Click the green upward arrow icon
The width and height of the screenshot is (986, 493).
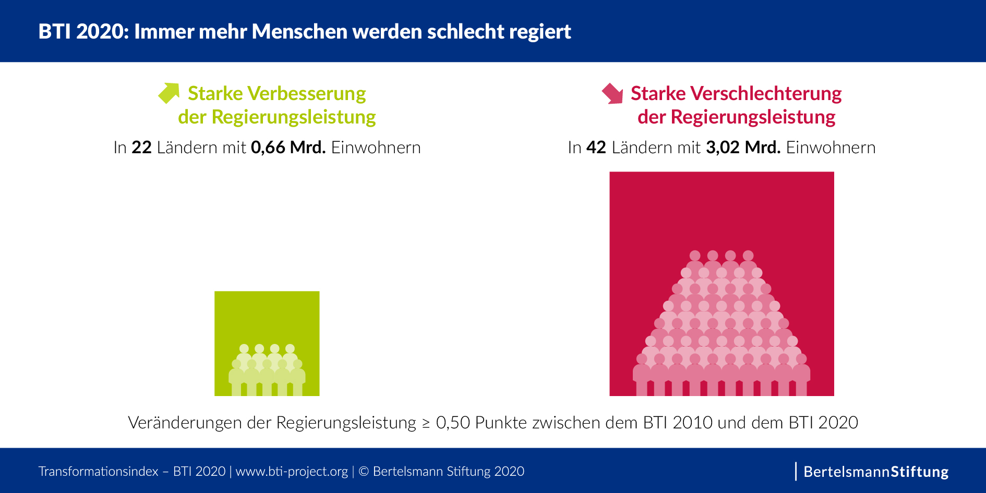point(169,93)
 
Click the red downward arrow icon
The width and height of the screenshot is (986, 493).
point(612,94)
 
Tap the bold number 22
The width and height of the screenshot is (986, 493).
point(141,147)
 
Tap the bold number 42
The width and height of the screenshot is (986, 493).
point(596,147)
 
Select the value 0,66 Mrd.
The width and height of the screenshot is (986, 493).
point(288,147)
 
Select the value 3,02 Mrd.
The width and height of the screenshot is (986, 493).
point(743,147)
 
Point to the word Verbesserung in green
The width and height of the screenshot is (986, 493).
point(307,93)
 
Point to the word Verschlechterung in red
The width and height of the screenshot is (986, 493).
point(765,93)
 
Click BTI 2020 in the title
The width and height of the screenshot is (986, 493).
point(82,32)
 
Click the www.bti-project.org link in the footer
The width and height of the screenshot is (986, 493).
point(292,472)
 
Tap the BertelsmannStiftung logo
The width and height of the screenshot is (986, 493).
point(875,472)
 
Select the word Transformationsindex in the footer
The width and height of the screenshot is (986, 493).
point(98,472)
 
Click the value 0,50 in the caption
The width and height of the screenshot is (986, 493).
point(453,423)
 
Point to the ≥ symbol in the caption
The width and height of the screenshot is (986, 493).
point(426,423)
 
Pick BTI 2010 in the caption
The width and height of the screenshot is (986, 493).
point(677,423)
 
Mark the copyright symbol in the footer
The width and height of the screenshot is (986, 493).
point(364,472)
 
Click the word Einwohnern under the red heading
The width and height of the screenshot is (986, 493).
point(831,147)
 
